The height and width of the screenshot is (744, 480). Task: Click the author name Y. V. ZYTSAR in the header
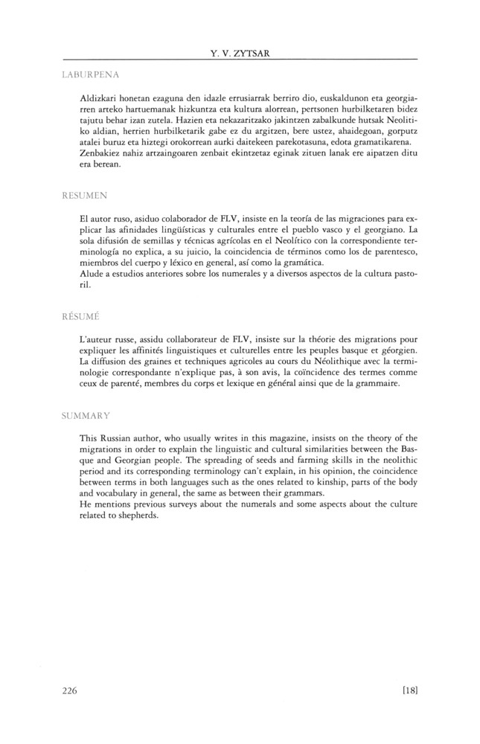[x=240, y=52]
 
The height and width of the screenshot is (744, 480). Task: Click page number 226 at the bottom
[x=71, y=690]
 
